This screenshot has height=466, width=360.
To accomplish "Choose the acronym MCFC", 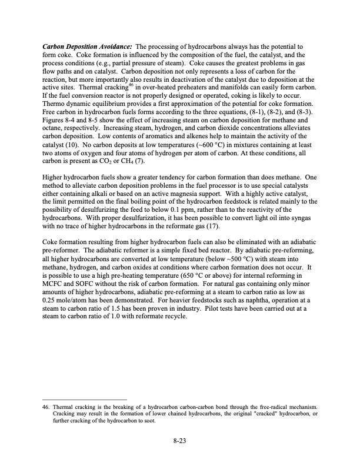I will coord(57,285).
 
